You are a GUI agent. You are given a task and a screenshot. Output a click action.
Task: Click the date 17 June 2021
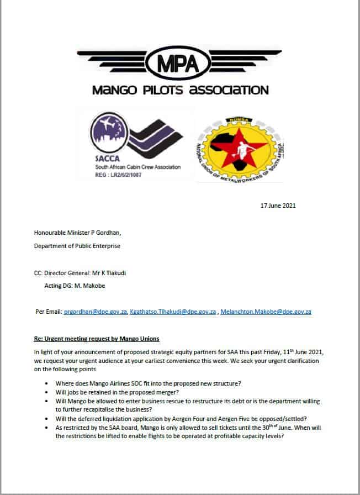[278, 206]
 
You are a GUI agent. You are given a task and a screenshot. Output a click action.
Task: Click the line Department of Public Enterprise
[77, 246]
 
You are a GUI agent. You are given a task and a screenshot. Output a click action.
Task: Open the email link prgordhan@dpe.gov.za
[95, 312]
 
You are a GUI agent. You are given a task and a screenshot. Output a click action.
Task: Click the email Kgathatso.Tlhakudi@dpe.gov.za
[173, 312]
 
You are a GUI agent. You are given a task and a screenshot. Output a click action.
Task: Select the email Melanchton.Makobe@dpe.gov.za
[265, 312]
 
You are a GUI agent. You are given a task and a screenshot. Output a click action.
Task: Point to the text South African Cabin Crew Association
[130, 167]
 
